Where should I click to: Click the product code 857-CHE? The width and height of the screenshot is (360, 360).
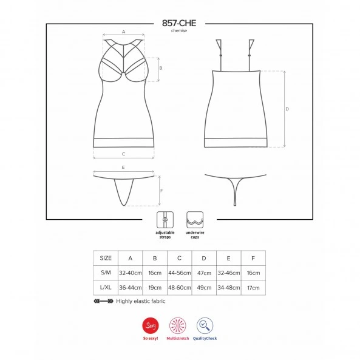tap(179, 23)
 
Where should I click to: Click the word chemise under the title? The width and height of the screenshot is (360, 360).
tap(179, 31)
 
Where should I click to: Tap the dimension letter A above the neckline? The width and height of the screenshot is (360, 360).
tap(123, 32)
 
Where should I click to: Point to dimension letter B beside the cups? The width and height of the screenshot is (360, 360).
tap(161, 68)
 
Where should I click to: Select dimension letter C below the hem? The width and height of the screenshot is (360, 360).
tap(123, 154)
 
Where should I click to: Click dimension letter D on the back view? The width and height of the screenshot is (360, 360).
tap(287, 109)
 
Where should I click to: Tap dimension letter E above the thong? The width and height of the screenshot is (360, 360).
tap(123, 168)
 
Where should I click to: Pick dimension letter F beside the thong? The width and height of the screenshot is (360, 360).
tap(161, 191)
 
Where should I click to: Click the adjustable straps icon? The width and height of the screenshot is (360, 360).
tap(165, 220)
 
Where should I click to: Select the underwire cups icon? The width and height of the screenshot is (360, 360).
tap(195, 220)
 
